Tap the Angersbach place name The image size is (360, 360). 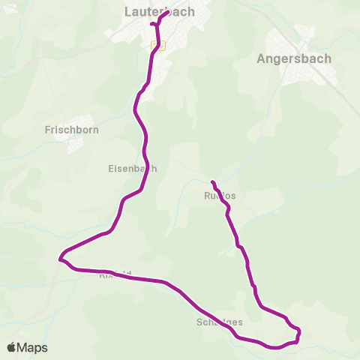[294, 58]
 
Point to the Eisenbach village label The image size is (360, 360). [133, 169]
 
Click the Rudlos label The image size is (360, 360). [220, 196]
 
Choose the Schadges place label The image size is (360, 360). [219, 322]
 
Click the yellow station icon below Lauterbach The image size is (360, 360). [157, 46]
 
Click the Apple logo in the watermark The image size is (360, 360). [12, 347]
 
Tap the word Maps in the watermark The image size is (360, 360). [32, 347]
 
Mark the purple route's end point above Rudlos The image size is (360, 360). [213, 182]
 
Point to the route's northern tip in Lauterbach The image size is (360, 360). [167, 11]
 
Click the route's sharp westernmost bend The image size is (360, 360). [59, 259]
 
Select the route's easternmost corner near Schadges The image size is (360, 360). [299, 330]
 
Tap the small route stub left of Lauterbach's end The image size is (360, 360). [153, 24]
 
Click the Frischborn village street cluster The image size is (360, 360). [79, 142]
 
